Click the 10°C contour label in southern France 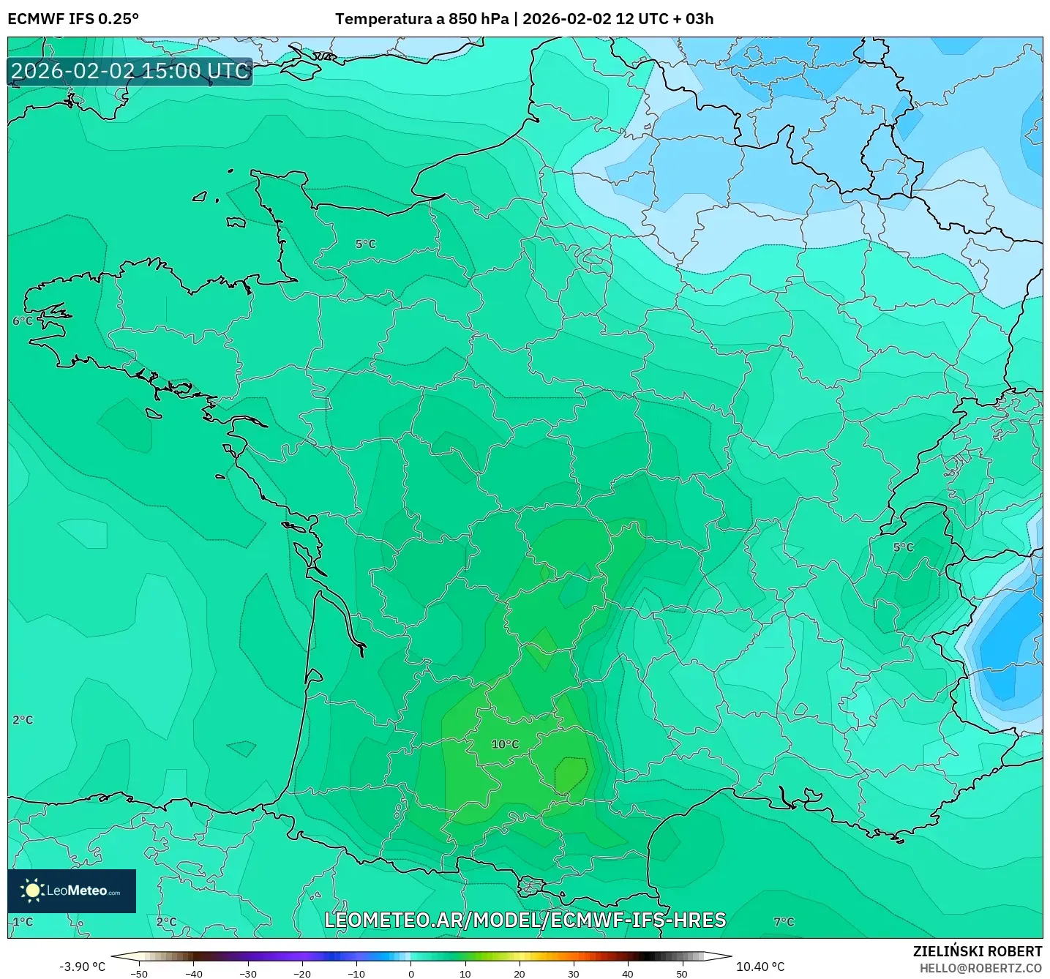(x=505, y=744)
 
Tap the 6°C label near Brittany (x=23, y=320)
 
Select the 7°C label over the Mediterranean (x=784, y=921)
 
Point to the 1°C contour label (x=23, y=921)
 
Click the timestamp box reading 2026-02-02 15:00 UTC (x=130, y=71)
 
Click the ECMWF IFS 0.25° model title (x=73, y=19)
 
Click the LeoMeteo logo (x=72, y=890)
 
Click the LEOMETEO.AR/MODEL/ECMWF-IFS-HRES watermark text (x=525, y=920)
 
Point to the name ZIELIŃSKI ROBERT (x=978, y=951)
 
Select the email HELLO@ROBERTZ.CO (x=980, y=968)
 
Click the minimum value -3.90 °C (x=82, y=967)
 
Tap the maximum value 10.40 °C (x=760, y=967)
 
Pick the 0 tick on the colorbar (x=411, y=974)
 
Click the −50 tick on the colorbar (x=138, y=974)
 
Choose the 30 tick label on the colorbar (x=574, y=974)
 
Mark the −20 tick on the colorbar (x=302, y=974)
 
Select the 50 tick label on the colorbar (x=682, y=974)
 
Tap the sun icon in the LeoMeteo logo (x=32, y=890)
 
